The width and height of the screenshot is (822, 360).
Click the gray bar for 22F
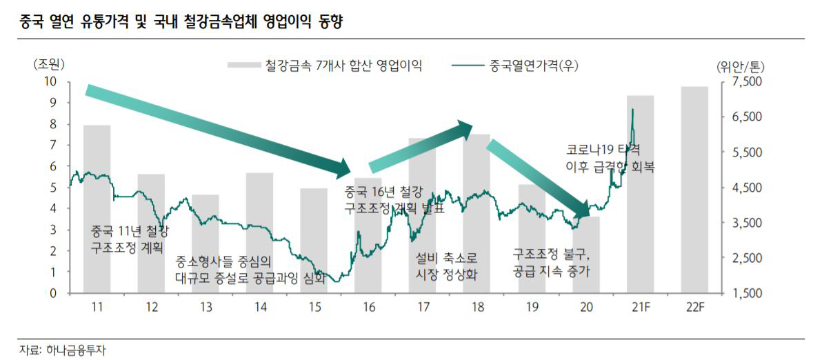(694, 190)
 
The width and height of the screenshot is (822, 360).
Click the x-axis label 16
(368, 307)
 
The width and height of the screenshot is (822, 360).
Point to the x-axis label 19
(531, 307)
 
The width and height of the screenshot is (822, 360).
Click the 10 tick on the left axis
(50, 81)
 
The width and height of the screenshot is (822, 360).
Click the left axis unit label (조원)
(48, 65)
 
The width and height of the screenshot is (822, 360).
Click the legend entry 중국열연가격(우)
(514, 66)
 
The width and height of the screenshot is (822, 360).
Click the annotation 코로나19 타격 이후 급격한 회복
(610, 158)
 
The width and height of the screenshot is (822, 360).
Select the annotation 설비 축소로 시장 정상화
(447, 265)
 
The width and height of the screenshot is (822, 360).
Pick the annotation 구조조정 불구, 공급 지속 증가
(552, 263)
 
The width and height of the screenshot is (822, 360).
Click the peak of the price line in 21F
(632, 110)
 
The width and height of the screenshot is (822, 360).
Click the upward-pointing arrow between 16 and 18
(421, 147)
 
